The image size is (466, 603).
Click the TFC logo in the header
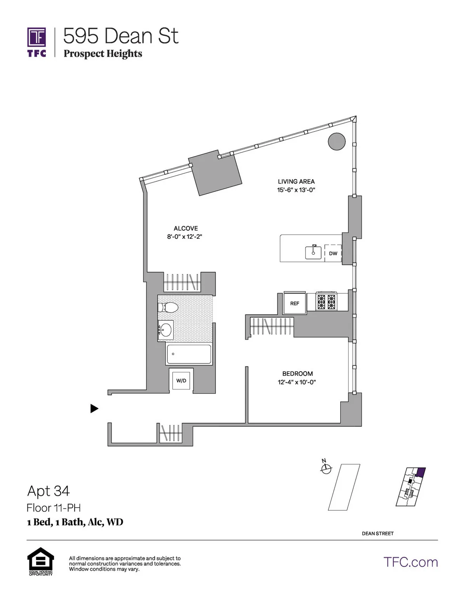pyautogui.click(x=37, y=42)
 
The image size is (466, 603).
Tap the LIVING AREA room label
pyautogui.click(x=296, y=181)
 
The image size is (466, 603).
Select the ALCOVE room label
pyautogui.click(x=186, y=228)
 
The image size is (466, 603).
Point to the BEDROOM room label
pyautogui.click(x=297, y=374)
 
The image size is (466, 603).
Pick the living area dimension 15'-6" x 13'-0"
pyautogui.click(x=296, y=190)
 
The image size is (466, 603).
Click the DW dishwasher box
pyautogui.click(x=333, y=253)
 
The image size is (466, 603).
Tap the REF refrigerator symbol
pyautogui.click(x=295, y=303)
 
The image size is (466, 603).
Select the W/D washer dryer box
pyautogui.click(x=181, y=380)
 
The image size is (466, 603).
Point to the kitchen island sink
pyautogui.click(x=313, y=253)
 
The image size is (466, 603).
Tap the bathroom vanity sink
pyautogui.click(x=166, y=330)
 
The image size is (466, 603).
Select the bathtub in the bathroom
pyautogui.click(x=189, y=354)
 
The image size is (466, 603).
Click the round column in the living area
pyautogui.click(x=337, y=142)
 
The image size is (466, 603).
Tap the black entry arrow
pyautogui.click(x=94, y=408)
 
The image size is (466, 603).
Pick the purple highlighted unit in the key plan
pyautogui.click(x=421, y=472)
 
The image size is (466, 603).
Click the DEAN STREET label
pyautogui.click(x=377, y=533)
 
